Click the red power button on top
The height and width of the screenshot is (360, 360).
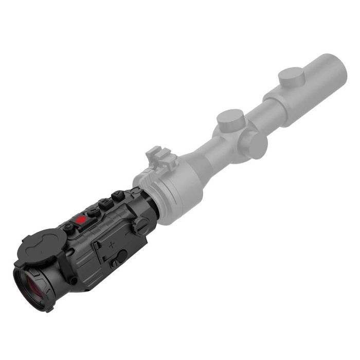(x=80, y=220)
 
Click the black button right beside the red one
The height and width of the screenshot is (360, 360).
(x=93, y=211)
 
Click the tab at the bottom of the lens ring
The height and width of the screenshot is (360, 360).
(x=49, y=309)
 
